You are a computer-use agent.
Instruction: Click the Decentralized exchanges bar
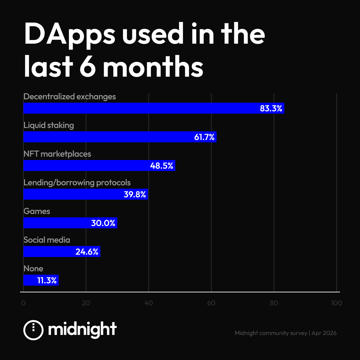click(x=153, y=108)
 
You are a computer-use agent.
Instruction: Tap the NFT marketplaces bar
click(x=99, y=166)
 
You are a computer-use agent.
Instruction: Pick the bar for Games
click(x=70, y=223)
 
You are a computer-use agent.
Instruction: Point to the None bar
click(x=41, y=280)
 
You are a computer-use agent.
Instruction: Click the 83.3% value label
click(x=271, y=108)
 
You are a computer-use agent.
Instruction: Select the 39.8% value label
click(x=135, y=194)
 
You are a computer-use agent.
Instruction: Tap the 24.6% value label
click(x=87, y=252)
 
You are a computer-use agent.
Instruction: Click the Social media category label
click(x=47, y=240)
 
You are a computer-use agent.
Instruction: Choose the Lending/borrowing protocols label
click(x=77, y=183)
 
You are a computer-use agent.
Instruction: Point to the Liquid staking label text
click(x=49, y=125)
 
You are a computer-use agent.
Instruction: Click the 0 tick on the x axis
click(x=23, y=303)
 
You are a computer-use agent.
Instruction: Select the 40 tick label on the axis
click(x=149, y=303)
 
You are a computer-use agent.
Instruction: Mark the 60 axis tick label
click(x=211, y=303)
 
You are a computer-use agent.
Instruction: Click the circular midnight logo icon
click(x=33, y=330)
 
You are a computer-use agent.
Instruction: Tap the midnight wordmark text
click(x=82, y=330)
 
